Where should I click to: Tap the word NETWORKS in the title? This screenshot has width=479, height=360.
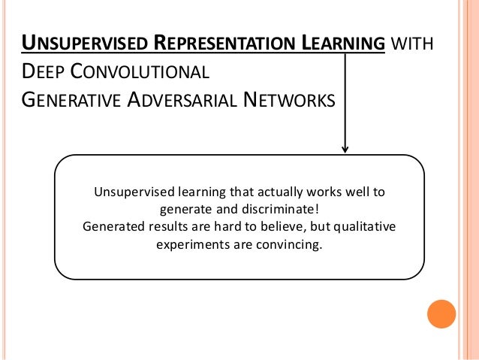tap(286, 100)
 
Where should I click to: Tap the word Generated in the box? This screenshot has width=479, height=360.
tap(113, 226)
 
